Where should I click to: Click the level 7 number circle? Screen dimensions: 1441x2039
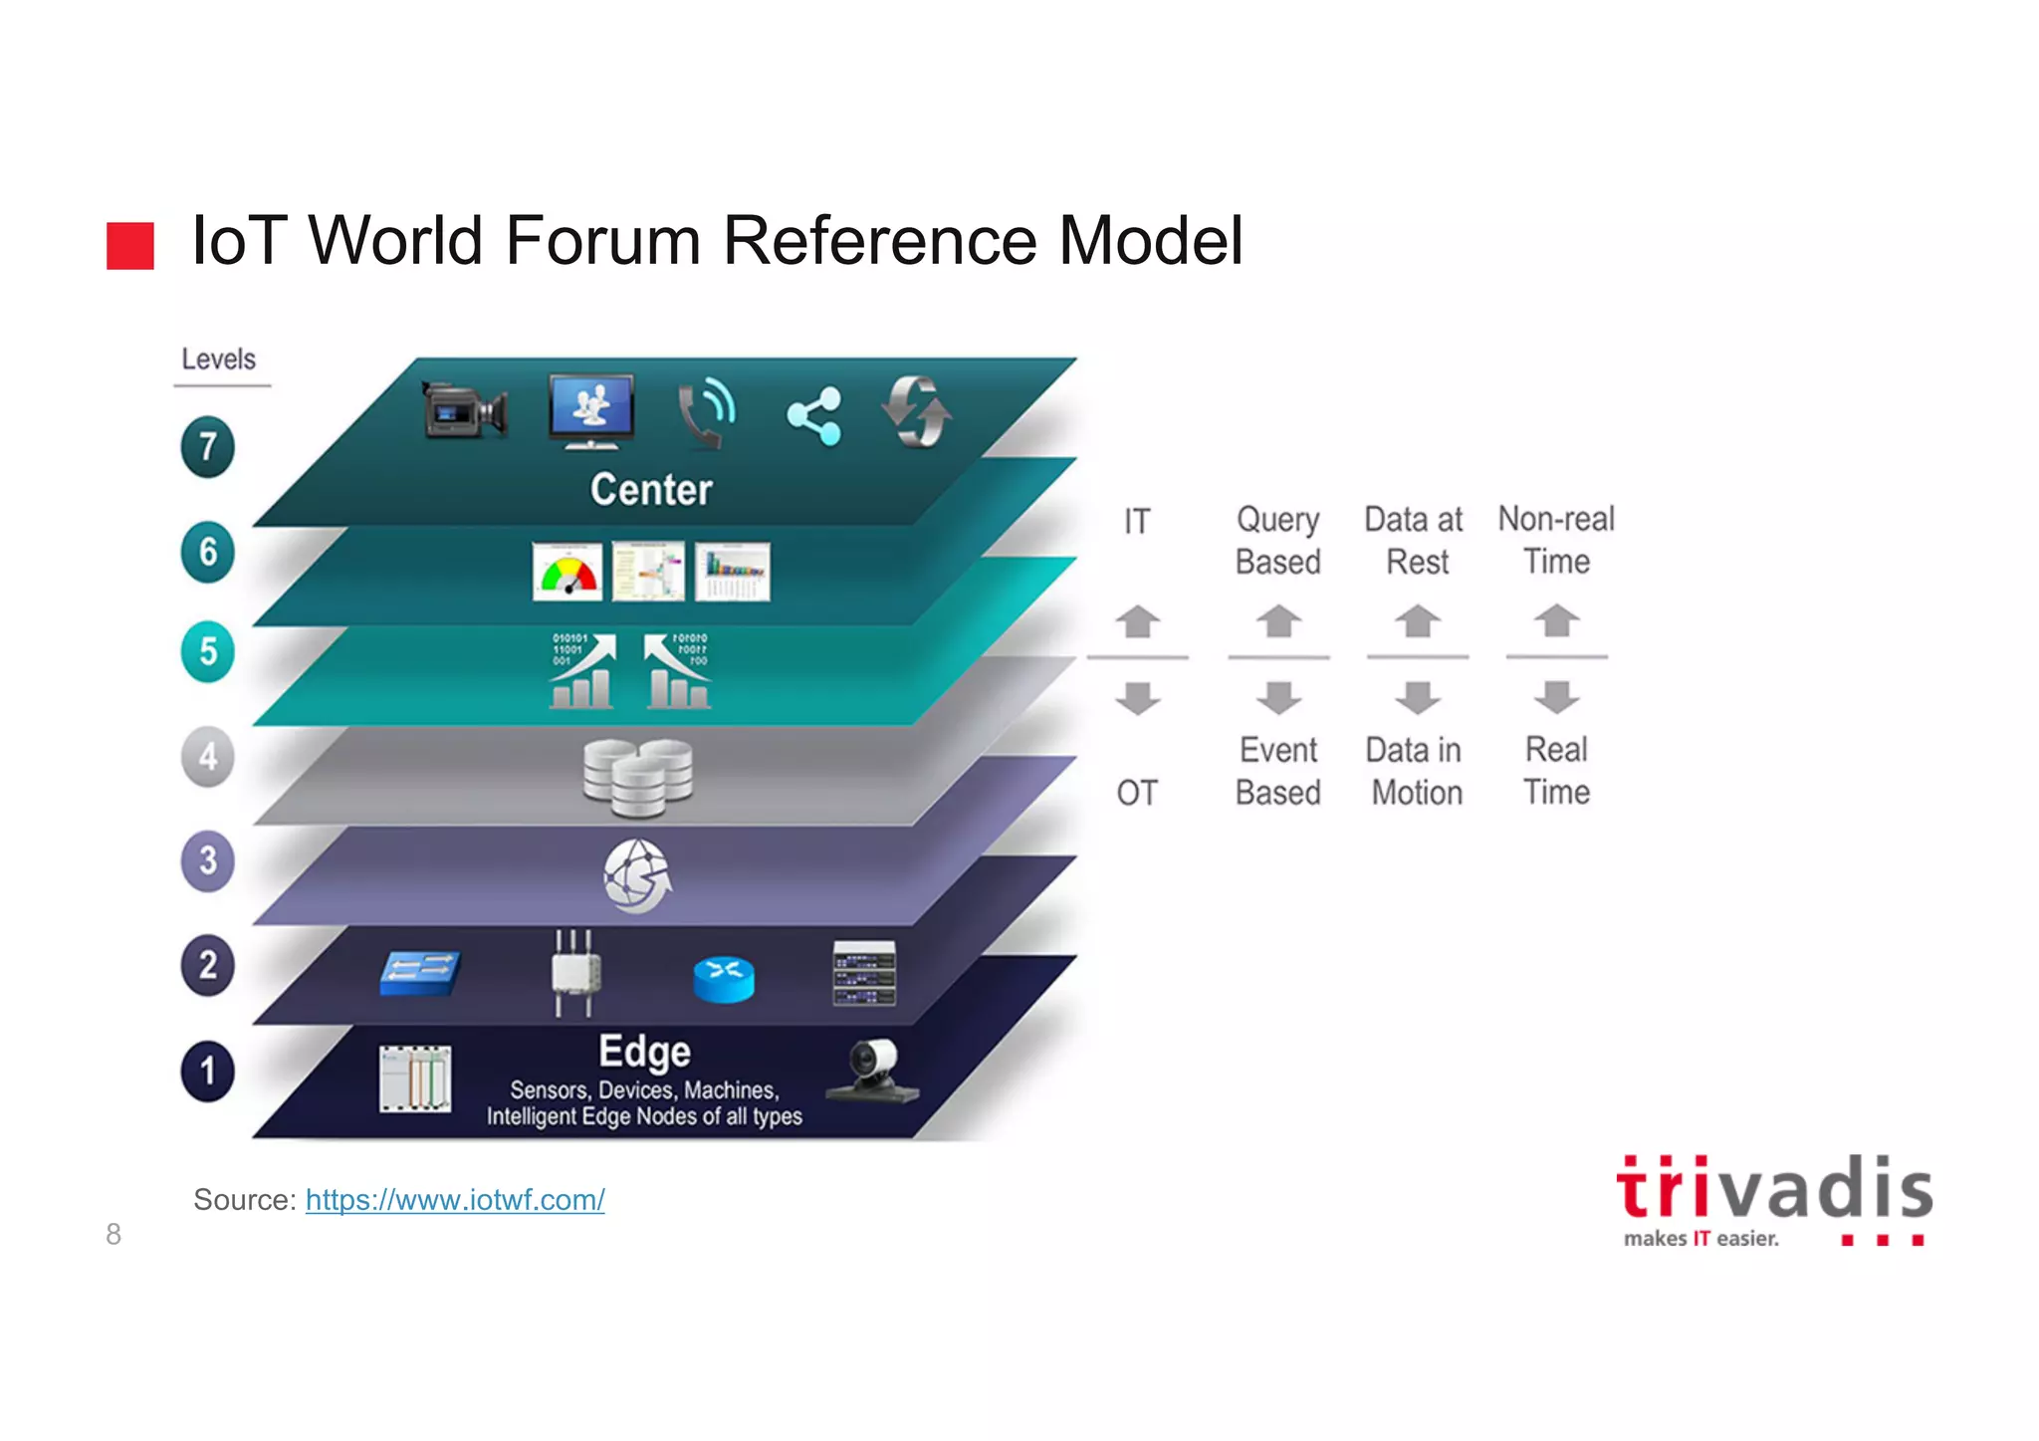tap(207, 446)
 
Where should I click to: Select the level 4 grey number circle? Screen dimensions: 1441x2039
tap(207, 757)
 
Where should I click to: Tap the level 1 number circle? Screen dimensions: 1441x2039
tap(207, 1071)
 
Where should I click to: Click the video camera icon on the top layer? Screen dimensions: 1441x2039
tap(464, 410)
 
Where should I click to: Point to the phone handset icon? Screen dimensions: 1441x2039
tap(706, 412)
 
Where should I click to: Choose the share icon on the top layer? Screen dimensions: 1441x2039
tap(814, 416)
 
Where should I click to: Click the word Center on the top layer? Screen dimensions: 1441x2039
tap(651, 490)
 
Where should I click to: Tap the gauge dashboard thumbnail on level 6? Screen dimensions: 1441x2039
tap(566, 572)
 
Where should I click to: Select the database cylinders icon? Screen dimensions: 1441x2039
tap(637, 777)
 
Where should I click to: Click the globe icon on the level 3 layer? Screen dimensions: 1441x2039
tap(637, 875)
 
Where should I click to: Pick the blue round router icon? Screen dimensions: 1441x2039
tap(724, 979)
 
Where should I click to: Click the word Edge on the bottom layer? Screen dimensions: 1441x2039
tap(644, 1052)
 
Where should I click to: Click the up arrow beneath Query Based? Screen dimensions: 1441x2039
tap(1278, 621)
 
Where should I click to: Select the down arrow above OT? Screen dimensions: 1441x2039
tap(1137, 697)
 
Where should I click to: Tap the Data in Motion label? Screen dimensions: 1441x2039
tap(1416, 771)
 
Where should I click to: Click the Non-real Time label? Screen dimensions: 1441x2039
tap(1556, 540)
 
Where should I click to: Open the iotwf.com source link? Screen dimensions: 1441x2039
tap(455, 1200)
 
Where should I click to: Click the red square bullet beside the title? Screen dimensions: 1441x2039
tap(130, 245)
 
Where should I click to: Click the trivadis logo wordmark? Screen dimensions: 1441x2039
tap(1774, 1189)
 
